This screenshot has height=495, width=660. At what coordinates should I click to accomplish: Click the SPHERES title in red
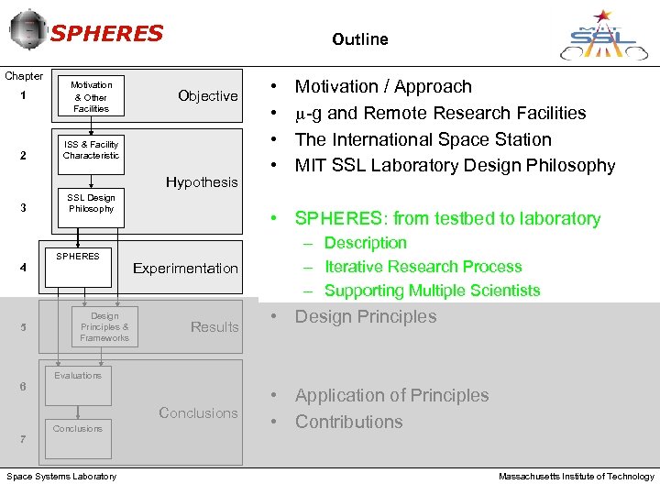coord(106,34)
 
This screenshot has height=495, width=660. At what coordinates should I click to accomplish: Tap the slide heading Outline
coord(360,39)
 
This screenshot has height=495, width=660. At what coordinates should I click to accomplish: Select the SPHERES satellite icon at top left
coord(27,30)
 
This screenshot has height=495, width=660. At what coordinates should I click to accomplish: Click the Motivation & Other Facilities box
coord(91,96)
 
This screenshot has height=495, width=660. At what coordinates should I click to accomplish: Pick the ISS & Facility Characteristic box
coord(91,150)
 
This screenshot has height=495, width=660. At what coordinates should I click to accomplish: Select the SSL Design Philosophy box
coord(91,203)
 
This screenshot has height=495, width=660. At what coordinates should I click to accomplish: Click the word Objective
coord(207,96)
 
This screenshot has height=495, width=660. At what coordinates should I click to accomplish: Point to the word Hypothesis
coord(202,182)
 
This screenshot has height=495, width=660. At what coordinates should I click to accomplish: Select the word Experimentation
coord(185,269)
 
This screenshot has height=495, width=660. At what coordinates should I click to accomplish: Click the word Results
coord(214,327)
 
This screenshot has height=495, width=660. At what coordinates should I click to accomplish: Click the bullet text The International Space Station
coord(423,139)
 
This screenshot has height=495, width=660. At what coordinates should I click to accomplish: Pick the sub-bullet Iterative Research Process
coord(423,267)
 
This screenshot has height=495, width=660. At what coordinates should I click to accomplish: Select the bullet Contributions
coord(348,422)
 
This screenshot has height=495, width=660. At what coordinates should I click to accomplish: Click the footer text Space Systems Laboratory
coord(61,477)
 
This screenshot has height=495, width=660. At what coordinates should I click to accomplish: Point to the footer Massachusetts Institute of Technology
coord(576,477)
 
